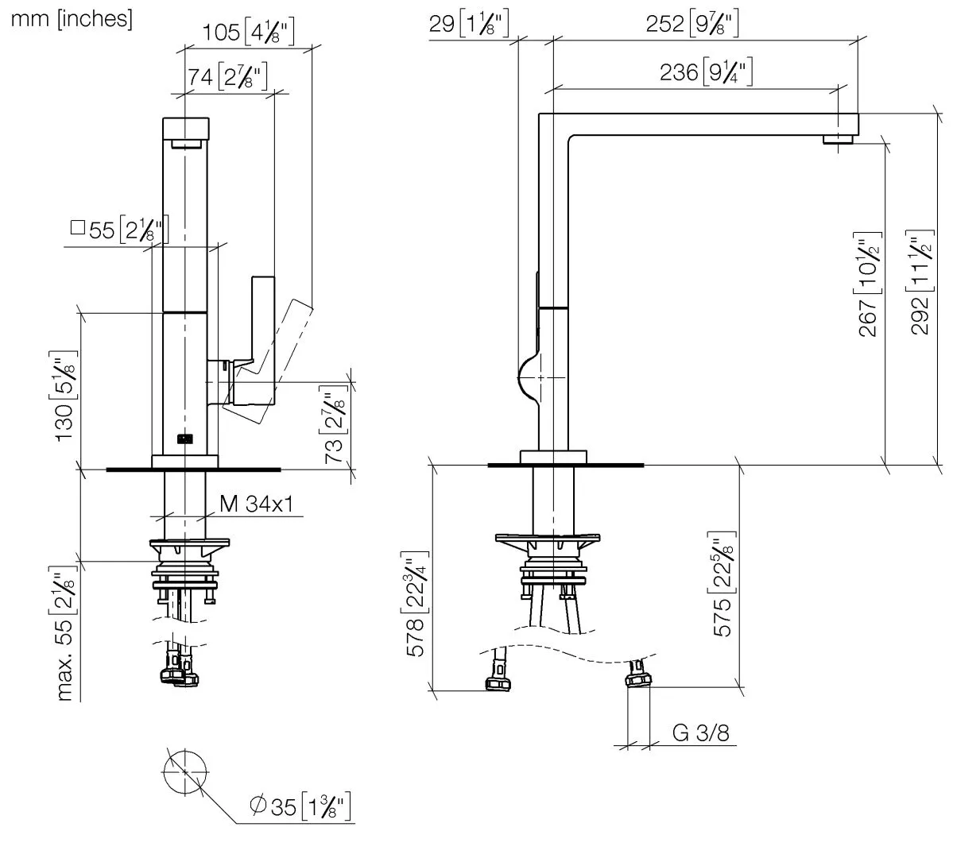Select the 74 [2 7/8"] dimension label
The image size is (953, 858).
(227, 77)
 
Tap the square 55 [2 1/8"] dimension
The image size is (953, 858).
(119, 230)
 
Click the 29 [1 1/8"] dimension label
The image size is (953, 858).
(468, 24)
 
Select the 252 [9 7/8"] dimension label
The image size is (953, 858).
(692, 24)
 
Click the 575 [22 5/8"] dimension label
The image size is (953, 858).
(723, 588)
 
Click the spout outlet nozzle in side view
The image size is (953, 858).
(838, 140)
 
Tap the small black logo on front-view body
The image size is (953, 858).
(185, 437)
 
